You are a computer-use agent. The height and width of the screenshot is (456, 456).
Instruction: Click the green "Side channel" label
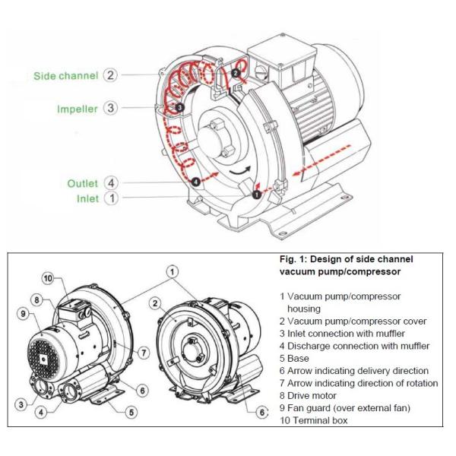coord(66,76)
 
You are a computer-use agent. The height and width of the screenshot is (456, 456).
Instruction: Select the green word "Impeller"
coord(78,109)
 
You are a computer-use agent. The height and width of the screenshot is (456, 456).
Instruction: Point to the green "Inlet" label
coord(87,199)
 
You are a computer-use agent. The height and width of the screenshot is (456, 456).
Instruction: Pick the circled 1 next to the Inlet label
coord(111,199)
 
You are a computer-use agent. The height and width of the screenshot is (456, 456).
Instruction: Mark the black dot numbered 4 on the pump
coord(195,182)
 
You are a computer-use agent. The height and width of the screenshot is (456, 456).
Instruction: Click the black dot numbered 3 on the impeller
coord(179,108)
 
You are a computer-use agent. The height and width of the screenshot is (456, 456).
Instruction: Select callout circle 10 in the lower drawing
coord(48,278)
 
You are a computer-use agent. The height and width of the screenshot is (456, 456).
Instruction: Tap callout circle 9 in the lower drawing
coord(23,312)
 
